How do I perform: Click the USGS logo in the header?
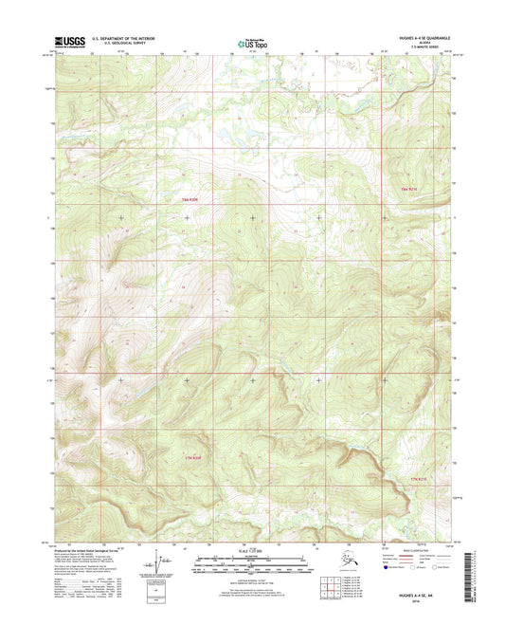coord(70,41)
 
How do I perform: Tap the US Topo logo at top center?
coord(251,42)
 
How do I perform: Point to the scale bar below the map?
coord(251,565)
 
